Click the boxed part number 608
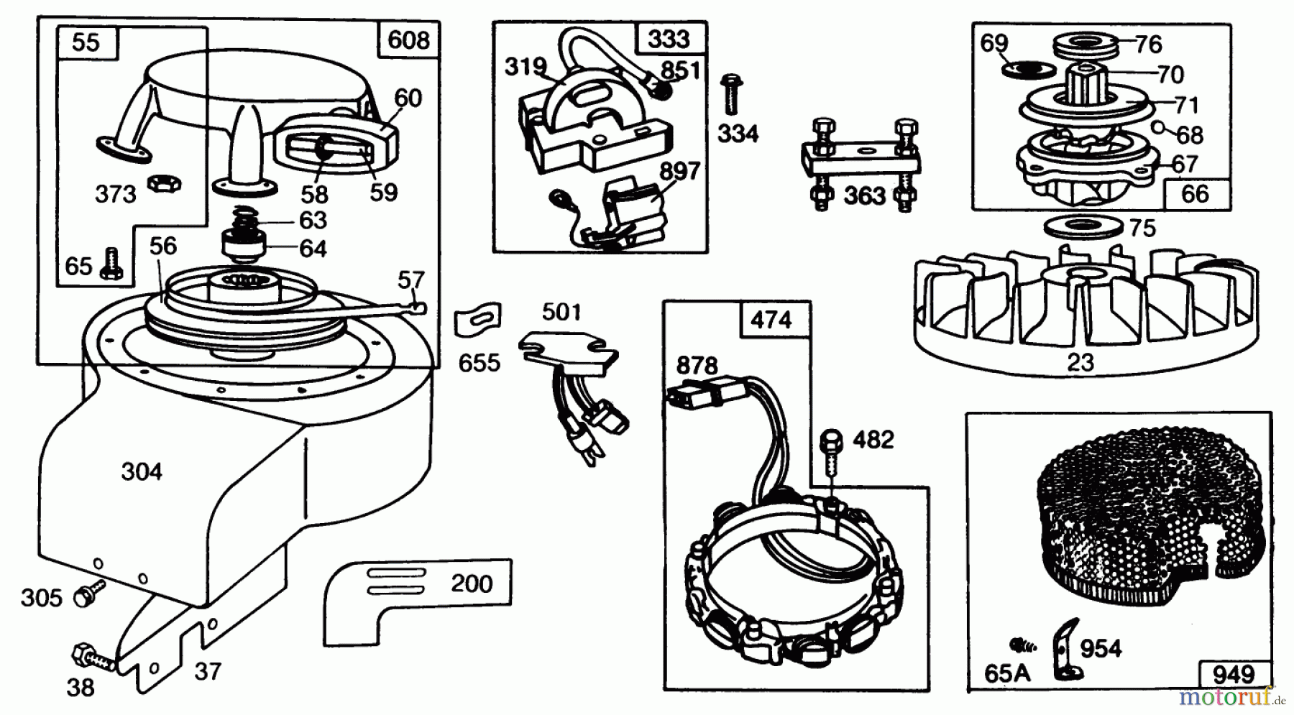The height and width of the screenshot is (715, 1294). (408, 40)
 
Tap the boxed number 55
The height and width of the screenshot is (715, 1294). (86, 42)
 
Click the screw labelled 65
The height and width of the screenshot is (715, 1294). (111, 263)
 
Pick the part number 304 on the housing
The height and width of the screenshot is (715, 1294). (142, 472)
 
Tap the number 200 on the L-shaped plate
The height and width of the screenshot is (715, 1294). (472, 583)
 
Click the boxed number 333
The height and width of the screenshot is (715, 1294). (669, 38)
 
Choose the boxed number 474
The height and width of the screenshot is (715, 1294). (771, 319)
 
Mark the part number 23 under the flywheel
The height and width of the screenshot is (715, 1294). (1080, 362)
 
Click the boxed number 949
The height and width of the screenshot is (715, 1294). (1233, 675)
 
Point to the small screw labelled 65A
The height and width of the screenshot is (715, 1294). (1019, 645)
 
